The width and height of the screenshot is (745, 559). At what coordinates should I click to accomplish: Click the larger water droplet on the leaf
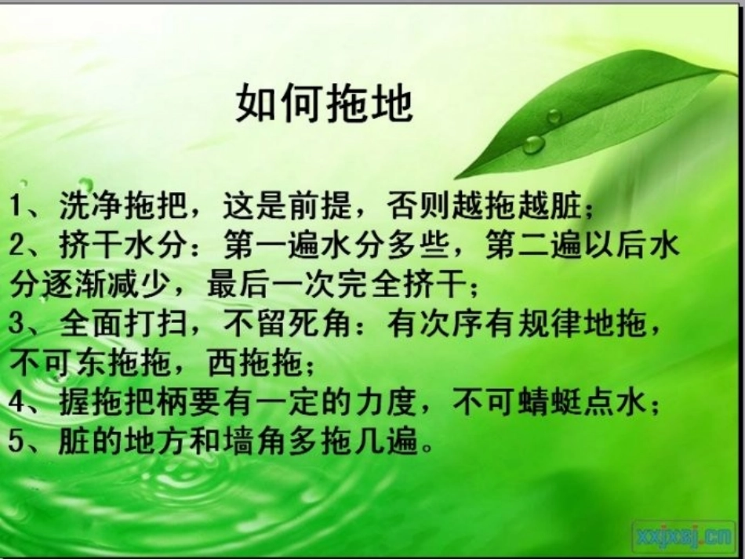[534, 144]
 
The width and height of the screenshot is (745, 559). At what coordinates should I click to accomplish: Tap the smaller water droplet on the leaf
[554, 117]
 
